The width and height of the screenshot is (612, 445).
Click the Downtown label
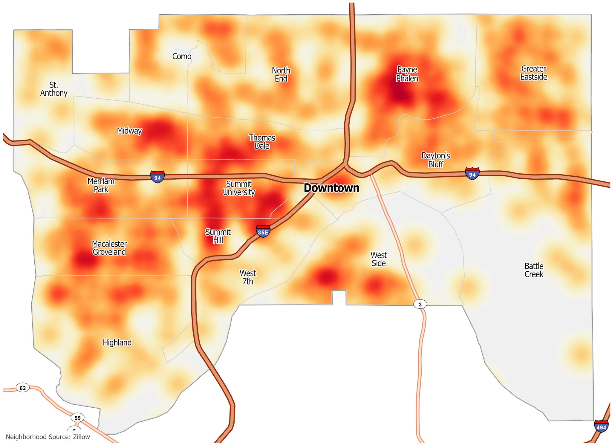331,188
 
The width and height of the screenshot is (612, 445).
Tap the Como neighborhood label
182,56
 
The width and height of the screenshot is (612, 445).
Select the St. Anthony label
54,89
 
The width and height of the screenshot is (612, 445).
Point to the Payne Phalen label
407,74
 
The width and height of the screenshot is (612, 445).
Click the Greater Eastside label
534,73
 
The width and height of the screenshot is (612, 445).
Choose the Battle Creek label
534,270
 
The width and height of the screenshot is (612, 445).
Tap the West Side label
379,259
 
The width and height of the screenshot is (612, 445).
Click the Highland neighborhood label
117,342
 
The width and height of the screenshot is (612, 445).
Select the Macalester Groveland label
109,248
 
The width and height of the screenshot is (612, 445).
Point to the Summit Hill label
218,236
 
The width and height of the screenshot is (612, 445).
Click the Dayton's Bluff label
436,160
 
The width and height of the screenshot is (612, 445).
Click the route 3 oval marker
420,304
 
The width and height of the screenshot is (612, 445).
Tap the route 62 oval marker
23,388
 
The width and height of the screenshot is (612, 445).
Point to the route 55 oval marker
77,418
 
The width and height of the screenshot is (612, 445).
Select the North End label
281,74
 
